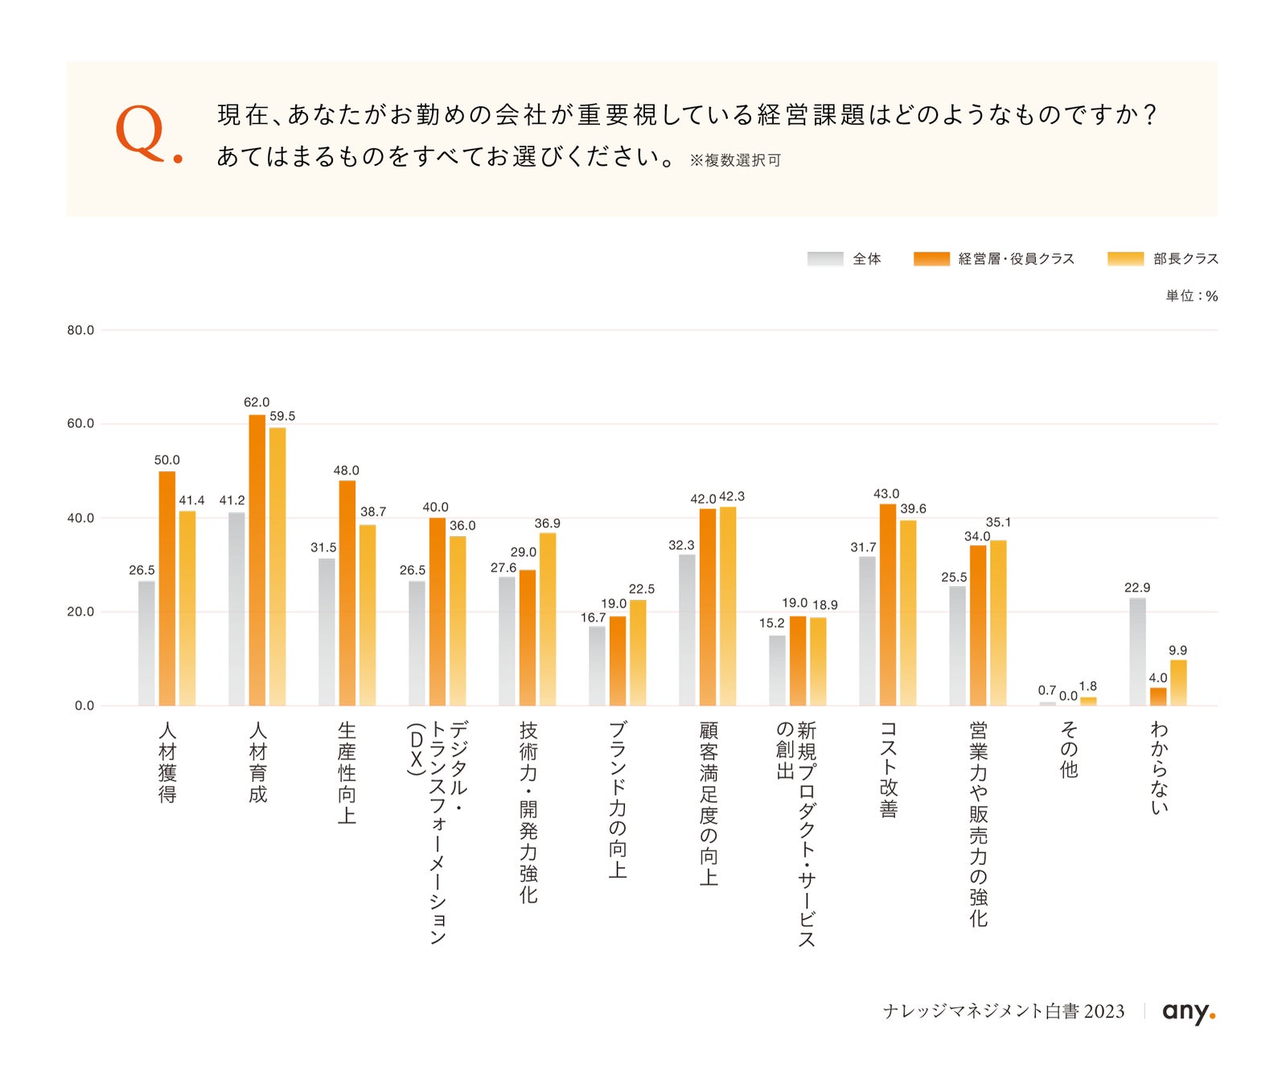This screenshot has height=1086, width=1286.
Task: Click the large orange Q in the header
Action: click(x=141, y=132)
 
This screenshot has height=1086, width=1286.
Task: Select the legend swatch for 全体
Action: click(x=825, y=258)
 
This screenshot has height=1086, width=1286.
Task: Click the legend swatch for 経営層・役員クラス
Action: click(x=931, y=258)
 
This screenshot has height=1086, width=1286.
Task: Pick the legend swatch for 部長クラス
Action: click(x=1125, y=258)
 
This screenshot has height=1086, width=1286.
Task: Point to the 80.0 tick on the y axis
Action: click(x=80, y=330)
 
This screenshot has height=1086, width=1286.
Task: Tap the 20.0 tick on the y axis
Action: click(x=80, y=611)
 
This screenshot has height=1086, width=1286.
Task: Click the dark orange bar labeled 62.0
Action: click(x=257, y=560)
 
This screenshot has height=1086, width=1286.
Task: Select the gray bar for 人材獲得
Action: click(x=146, y=644)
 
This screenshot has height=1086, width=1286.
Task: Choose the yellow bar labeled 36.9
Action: click(x=548, y=619)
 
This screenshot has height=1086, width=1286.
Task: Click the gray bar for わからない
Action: click(x=1137, y=652)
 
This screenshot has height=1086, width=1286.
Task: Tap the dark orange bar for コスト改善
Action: click(x=887, y=605)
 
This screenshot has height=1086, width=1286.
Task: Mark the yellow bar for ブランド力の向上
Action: click(x=638, y=653)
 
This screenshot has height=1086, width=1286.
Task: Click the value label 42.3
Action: click(x=732, y=496)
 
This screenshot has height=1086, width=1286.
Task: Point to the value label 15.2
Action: click(x=771, y=623)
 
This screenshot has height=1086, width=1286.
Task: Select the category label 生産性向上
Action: click(x=347, y=772)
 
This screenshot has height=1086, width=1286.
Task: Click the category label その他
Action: click(x=1068, y=750)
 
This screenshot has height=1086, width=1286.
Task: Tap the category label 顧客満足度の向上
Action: click(x=708, y=803)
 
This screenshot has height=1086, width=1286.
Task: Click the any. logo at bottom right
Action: click(x=1189, y=1012)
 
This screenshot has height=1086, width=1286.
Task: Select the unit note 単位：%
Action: click(x=1192, y=296)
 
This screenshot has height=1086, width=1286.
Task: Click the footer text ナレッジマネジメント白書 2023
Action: click(x=1004, y=1011)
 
